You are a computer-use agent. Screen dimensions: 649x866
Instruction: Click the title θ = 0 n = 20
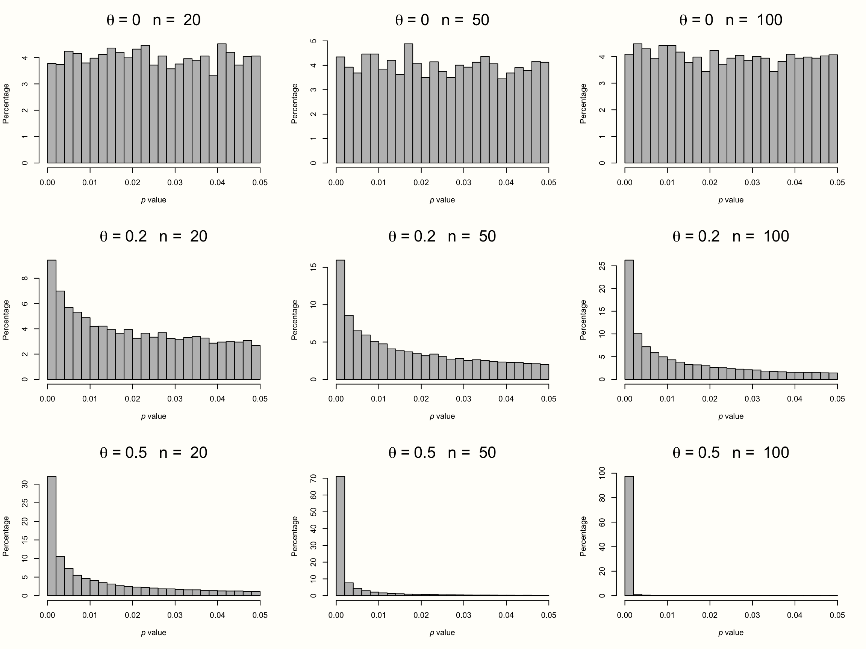coord(153,20)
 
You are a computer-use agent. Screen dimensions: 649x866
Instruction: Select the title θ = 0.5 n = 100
coord(731,453)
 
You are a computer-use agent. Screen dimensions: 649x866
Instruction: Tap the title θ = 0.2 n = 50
coord(442,236)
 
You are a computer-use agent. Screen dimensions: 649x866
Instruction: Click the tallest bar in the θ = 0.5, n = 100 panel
coord(629,536)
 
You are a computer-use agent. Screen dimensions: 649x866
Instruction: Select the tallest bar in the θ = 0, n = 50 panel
coord(408,104)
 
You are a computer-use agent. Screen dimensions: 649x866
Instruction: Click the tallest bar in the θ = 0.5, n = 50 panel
coord(340,536)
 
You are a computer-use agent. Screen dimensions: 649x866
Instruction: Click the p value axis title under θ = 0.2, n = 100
coord(731,416)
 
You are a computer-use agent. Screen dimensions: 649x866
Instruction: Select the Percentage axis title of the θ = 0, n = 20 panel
coord(6,104)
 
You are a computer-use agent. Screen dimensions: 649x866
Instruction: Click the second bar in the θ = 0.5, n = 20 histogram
coord(60,576)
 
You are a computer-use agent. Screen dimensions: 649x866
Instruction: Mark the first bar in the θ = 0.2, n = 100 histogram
coord(629,320)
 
